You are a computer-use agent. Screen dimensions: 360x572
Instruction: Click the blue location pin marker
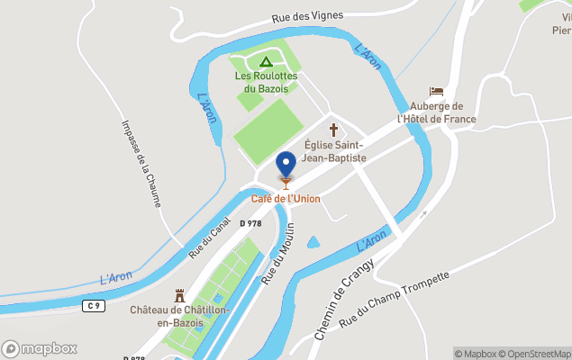pos(286,165)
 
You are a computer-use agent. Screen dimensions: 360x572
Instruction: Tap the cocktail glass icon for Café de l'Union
pos(286,184)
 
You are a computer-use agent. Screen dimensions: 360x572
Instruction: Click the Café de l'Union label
pos(286,198)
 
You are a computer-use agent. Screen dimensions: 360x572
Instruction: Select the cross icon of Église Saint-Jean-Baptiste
pos(333,129)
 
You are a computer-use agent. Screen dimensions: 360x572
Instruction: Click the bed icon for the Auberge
pos(436,92)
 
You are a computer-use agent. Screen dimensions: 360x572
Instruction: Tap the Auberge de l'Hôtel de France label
pos(437,112)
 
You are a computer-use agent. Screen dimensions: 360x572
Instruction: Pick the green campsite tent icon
pos(265,62)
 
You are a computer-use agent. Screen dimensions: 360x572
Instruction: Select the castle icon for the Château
pos(179,295)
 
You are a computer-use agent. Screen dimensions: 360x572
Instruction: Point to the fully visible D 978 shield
pos(250,223)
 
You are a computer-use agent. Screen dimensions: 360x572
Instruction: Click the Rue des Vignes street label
pos(307,17)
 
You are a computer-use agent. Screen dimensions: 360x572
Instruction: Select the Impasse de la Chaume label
pos(141,163)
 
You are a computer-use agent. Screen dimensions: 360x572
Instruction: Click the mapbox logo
pos(40,348)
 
